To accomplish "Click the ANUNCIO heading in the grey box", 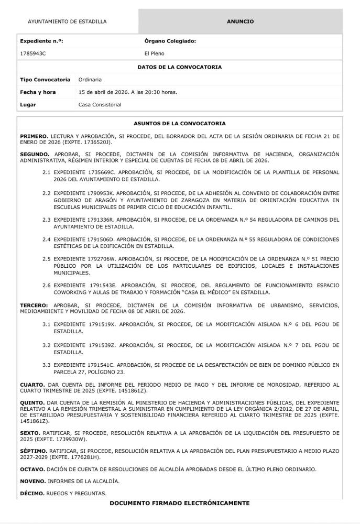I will [x=240, y=21].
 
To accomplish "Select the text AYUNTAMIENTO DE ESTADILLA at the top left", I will [x=67, y=21].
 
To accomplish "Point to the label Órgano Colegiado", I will [x=170, y=41].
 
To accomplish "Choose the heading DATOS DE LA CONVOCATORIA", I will [x=179, y=67].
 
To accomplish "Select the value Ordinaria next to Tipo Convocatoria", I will [x=90, y=80].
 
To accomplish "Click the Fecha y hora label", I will [x=38, y=92].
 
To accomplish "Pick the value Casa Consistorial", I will [x=100, y=105].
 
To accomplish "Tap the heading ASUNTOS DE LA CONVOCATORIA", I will [x=179, y=124].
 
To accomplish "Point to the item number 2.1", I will [x=46, y=172].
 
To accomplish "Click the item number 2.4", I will [x=46, y=239].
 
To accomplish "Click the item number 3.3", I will [x=46, y=365].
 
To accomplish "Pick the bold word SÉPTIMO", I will [x=34, y=451].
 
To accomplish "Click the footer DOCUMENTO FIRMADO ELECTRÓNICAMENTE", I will [x=179, y=503].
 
